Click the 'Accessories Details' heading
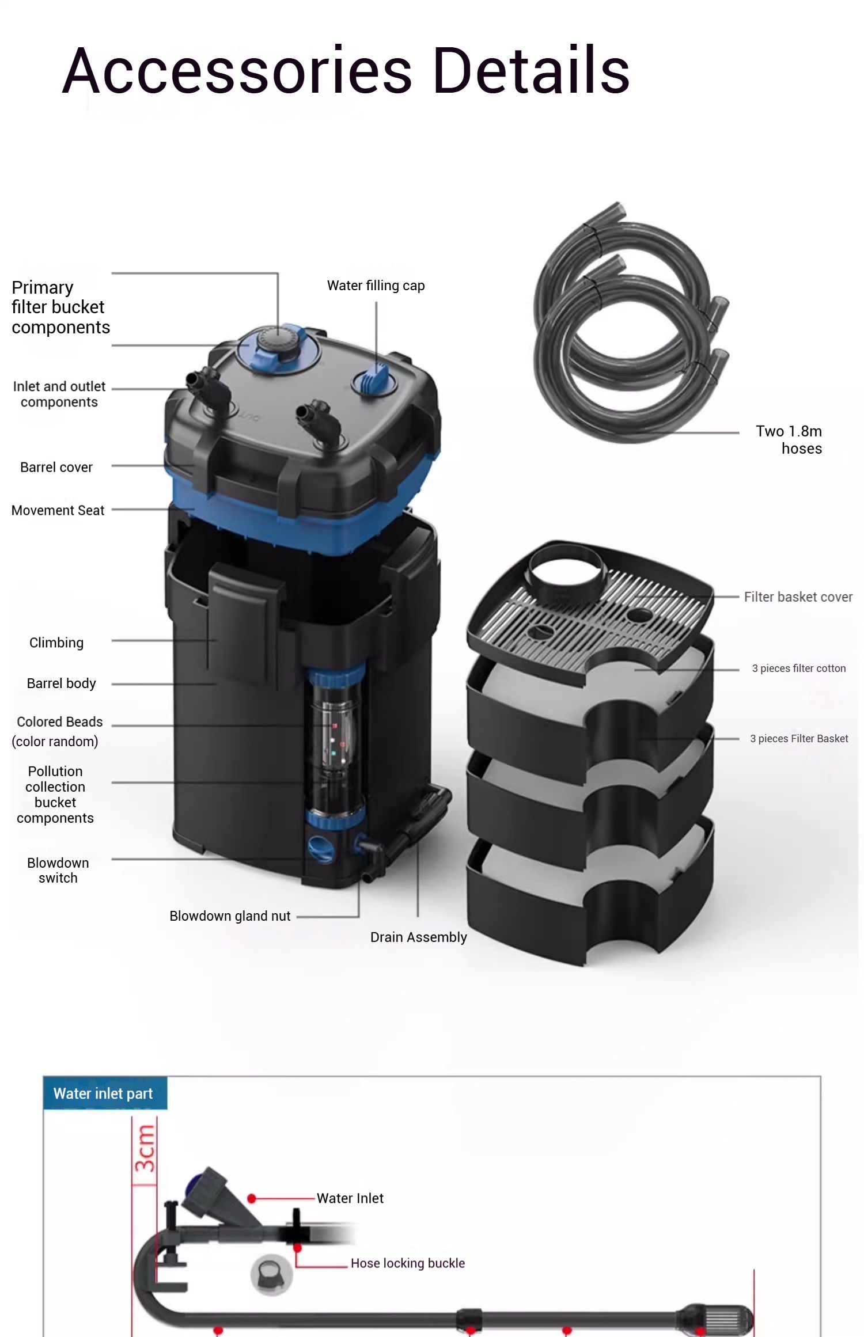click(346, 71)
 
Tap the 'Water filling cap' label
click(376, 286)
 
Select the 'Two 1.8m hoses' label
click(789, 439)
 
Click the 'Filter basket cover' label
click(798, 597)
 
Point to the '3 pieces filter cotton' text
click(798, 668)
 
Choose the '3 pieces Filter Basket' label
click(798, 739)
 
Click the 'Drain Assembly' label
click(418, 937)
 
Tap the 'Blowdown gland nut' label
click(230, 916)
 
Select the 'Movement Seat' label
click(58, 511)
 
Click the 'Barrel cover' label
click(56, 468)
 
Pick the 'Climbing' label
click(56, 643)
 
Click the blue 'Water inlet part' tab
click(104, 1093)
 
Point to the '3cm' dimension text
click(145, 1149)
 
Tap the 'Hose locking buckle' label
click(407, 1263)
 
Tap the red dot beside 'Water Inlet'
click(252, 1199)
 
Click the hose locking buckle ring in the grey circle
click(271, 1275)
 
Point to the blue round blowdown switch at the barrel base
click(320, 848)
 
